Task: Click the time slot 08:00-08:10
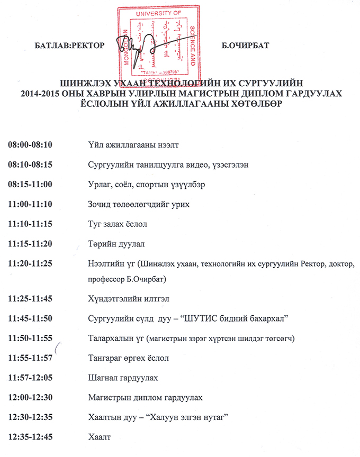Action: click(x=33, y=144)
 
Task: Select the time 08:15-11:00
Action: click(x=33, y=185)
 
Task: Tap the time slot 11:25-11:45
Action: click(x=33, y=299)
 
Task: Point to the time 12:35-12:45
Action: click(x=33, y=437)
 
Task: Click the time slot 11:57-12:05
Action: click(x=33, y=378)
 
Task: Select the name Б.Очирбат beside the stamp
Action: click(x=246, y=45)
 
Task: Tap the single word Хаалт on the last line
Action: click(x=98, y=437)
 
